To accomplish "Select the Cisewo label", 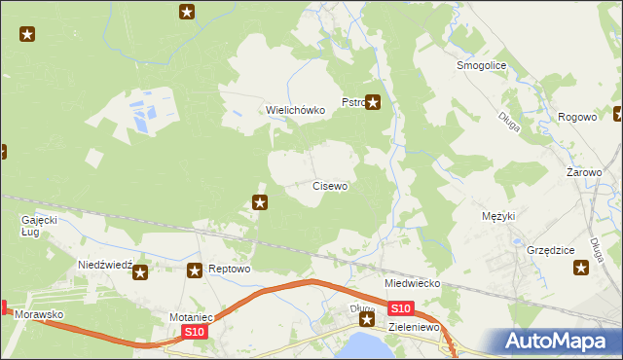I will pos(330,185).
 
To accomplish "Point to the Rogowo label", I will pos(577,118).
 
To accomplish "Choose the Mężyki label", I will pos(498,216).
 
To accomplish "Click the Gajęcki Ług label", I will pos(40,226).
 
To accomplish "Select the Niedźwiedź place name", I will pos(104,265).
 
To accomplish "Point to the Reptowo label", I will pos(231,270).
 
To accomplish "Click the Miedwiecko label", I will pos(413,283).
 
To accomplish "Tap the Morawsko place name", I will pos(39,316).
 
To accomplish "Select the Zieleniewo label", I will pos(416,329).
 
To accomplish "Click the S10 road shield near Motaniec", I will pos(195,333).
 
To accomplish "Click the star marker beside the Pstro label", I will pos(373,102).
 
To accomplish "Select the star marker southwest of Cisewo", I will pos(261,202).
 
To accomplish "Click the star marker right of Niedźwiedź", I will pos(140,273).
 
